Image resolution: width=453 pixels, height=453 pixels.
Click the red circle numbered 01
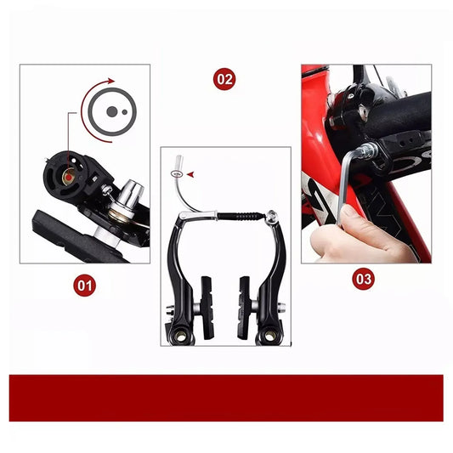point(84,286)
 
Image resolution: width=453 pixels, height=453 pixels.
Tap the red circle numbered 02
point(224,79)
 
